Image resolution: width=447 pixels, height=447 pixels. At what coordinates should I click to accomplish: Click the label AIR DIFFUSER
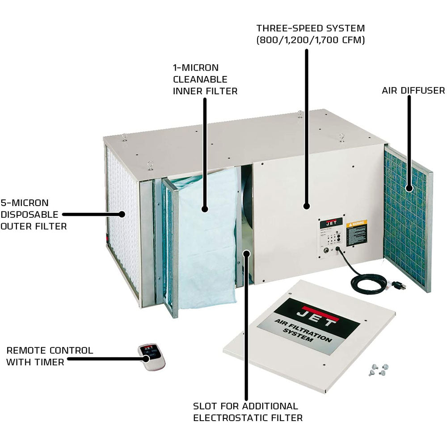pos(413,91)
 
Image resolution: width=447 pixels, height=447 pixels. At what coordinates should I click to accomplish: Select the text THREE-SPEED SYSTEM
pos(311,28)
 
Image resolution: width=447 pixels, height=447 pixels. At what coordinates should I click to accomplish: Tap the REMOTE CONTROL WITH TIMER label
pos(50,356)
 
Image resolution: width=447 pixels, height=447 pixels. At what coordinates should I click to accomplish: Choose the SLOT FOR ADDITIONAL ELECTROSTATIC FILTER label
pos(248,412)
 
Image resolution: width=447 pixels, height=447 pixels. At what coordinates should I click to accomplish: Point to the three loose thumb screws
pos(378,370)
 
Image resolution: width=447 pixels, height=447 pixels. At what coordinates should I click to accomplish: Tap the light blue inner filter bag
pos(206,237)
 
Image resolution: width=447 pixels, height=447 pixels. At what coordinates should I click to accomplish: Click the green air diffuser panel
pos(405,219)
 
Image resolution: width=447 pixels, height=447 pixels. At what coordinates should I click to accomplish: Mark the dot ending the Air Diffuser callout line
pos(409,188)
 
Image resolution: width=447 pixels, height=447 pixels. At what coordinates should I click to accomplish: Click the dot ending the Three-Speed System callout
pos(306,206)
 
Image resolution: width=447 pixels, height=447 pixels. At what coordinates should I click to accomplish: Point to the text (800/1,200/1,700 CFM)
pos(311,39)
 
